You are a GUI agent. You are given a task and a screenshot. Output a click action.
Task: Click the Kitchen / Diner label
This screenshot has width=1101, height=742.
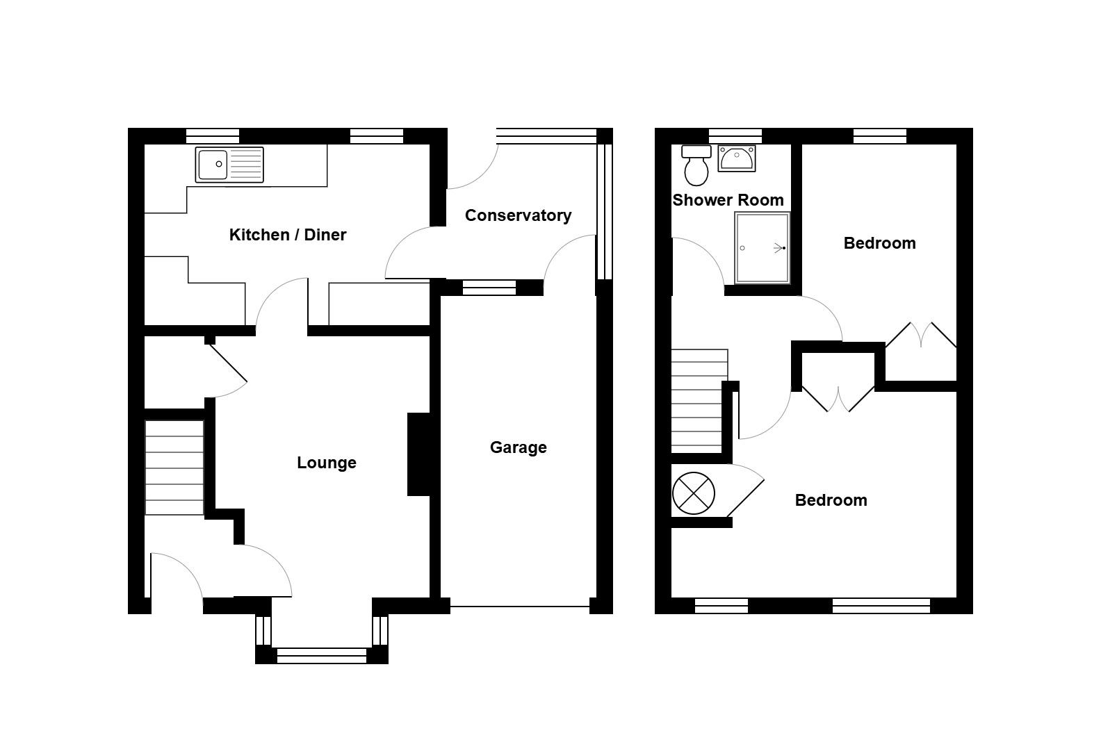point(288,235)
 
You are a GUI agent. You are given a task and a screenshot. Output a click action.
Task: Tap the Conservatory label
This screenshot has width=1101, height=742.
point(518,215)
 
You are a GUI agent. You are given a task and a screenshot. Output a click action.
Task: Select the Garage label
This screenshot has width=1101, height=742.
point(518,447)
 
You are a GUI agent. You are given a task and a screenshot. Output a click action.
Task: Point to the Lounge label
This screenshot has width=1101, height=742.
point(326,463)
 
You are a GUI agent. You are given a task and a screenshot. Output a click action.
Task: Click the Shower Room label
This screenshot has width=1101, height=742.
point(728,200)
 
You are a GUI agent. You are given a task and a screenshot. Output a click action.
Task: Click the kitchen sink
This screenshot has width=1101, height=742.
point(229,165)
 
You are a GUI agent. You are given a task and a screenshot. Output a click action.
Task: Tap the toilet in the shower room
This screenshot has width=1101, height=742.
point(696,165)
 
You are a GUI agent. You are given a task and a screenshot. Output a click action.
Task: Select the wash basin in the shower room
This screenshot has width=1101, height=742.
point(736,158)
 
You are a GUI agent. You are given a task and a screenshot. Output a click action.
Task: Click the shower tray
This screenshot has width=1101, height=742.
point(762,248)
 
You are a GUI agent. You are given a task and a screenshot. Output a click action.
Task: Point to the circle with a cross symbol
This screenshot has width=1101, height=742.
point(694,493)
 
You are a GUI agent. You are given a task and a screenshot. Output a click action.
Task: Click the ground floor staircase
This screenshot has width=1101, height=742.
point(174,468)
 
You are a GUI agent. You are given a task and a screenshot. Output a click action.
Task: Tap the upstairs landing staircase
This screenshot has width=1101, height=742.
point(699,399)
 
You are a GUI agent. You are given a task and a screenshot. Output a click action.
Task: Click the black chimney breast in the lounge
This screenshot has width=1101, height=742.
point(418,454)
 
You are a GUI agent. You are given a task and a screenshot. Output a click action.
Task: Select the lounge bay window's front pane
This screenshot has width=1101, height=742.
point(321,655)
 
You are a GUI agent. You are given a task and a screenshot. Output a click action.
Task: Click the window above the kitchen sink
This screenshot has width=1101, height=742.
point(213,135)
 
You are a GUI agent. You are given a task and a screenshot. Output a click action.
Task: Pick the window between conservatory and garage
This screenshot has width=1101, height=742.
point(489,287)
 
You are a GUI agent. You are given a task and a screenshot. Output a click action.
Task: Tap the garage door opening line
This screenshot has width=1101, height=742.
point(519,607)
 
